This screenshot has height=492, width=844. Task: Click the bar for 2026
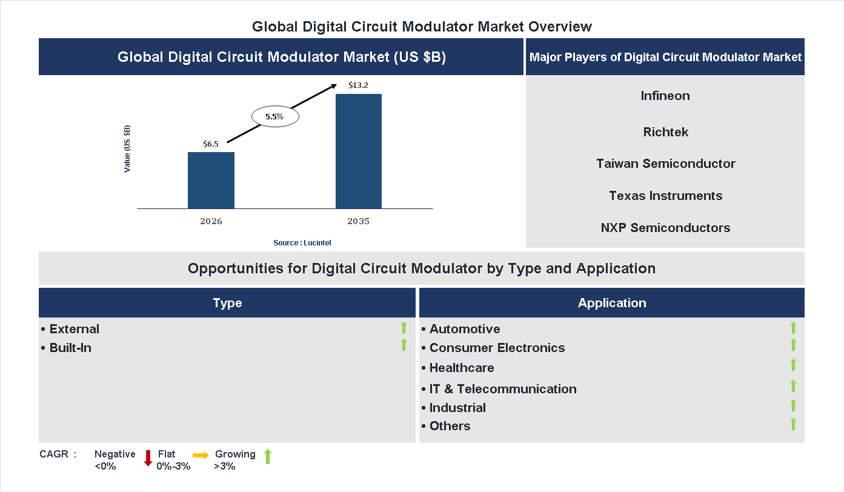coord(211,180)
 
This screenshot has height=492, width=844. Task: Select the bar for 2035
coord(359,151)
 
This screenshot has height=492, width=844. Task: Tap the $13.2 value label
coord(358,85)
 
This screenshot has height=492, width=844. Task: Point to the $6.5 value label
coord(211,144)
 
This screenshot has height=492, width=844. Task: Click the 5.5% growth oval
coord(275,117)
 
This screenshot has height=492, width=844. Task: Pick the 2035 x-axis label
coord(358,221)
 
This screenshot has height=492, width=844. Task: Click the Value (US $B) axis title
coord(127,149)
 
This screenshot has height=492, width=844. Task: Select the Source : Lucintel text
coord(302,242)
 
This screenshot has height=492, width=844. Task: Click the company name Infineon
coord(665,96)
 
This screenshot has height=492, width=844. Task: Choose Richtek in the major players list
coord(666,132)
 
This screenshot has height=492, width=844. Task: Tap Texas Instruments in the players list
coord(666,196)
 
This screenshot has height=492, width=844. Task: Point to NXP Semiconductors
coord(666,228)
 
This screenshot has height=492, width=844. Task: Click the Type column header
coord(227,303)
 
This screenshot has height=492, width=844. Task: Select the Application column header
coord(612,303)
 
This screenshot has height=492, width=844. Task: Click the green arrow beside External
coord(404,328)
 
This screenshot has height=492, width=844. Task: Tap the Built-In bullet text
coord(70,348)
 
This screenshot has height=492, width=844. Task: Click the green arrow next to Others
coord(793,424)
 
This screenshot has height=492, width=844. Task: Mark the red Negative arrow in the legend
coord(148,457)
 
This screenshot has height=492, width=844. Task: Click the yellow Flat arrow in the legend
coord(201,454)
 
